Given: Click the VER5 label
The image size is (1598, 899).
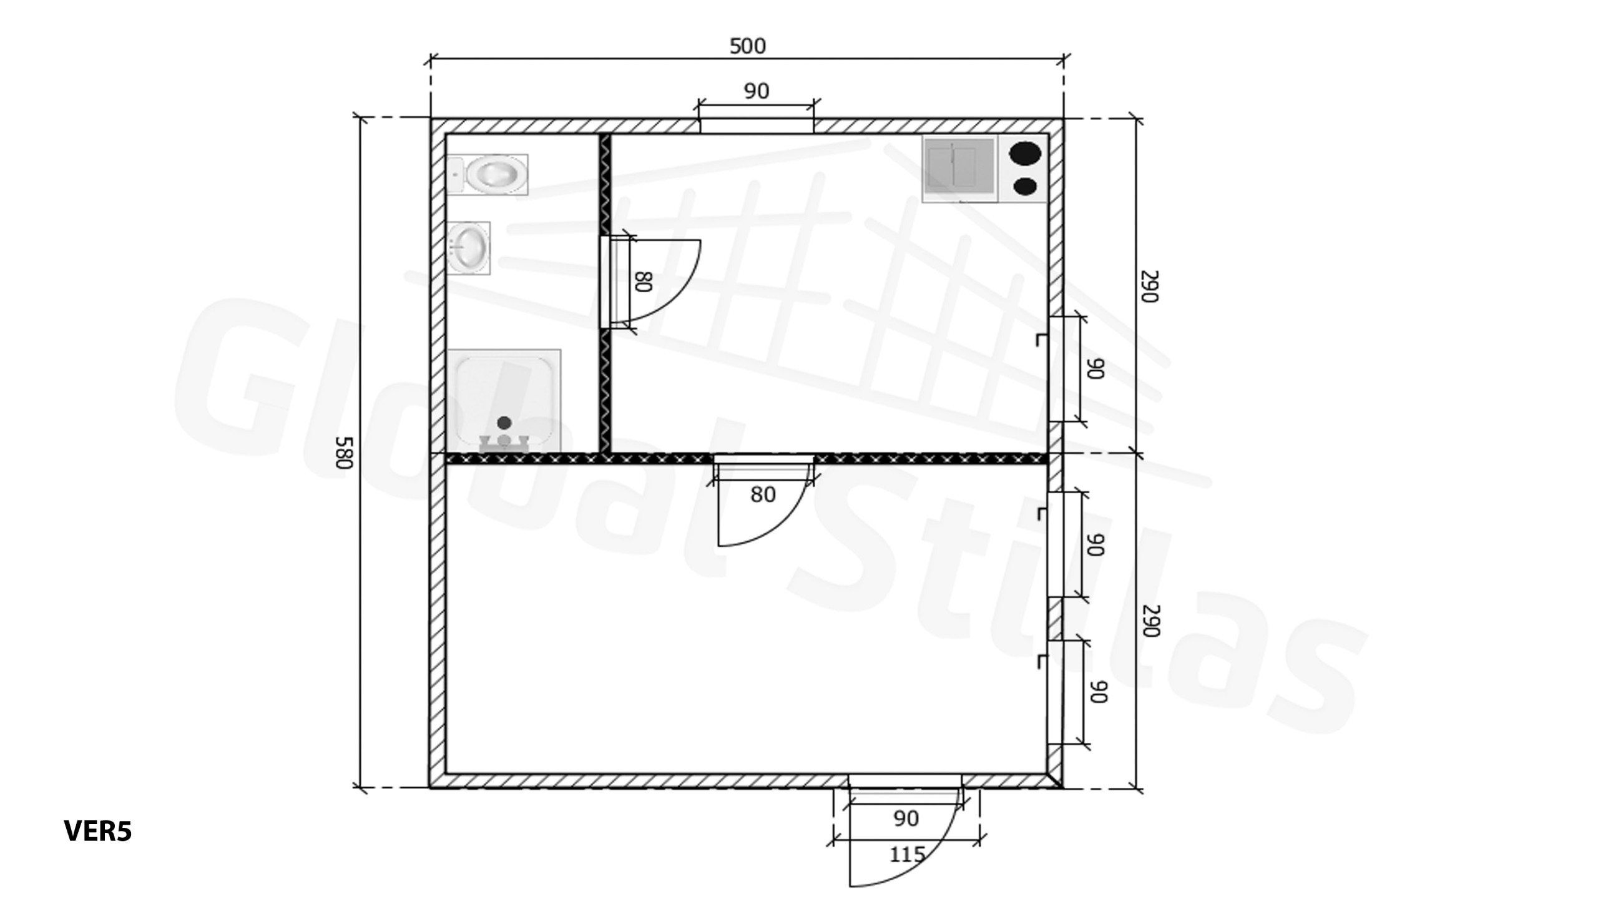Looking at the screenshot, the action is tap(98, 831).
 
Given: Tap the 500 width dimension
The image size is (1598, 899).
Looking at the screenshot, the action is tap(747, 46).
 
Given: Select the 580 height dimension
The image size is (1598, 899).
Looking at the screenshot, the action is tap(345, 453).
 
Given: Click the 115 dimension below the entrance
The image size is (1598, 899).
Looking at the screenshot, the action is tap(907, 854).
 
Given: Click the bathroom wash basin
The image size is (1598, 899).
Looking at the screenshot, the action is tap(469, 248).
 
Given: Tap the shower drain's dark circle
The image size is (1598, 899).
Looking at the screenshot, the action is tap(504, 423).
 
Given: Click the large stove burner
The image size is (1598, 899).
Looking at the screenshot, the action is tap(1025, 153).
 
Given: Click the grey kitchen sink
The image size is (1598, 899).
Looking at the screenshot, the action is tap(959, 168).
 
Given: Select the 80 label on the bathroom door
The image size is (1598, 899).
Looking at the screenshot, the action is tap(643, 282).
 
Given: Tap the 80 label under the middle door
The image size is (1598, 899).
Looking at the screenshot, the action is tap(763, 494).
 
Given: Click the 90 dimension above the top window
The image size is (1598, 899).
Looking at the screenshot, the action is tap(756, 91).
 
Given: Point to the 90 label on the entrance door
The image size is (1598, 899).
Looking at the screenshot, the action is tap(906, 818).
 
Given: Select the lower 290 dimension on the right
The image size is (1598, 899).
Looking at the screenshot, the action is tap(1150, 621).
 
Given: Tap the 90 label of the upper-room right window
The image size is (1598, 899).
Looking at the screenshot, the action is tap(1096, 368).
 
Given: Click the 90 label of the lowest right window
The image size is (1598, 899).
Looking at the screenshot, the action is tap(1099, 692).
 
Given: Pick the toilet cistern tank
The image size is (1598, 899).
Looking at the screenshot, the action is tap(455, 175).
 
